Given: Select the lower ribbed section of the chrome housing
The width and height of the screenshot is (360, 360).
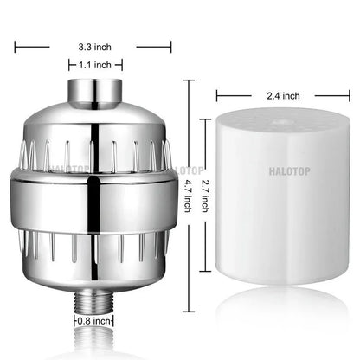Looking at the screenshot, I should (96, 255).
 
